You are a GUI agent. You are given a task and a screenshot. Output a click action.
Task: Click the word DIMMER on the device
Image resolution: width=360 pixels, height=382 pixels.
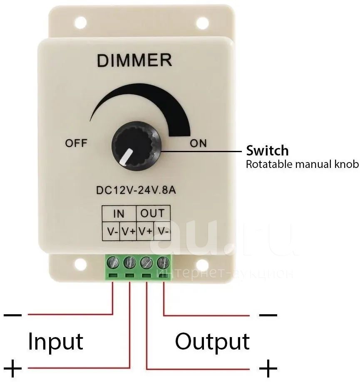click(x=134, y=60)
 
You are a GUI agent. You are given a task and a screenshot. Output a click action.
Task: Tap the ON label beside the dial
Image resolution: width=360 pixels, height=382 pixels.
click(x=198, y=143)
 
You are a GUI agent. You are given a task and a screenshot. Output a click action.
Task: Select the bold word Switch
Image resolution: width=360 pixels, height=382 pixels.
click(x=267, y=150)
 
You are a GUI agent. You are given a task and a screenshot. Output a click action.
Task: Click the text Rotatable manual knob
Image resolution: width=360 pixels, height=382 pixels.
click(x=302, y=164)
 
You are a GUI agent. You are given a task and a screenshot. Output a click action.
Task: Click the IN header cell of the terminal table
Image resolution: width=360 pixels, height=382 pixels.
click(x=119, y=214)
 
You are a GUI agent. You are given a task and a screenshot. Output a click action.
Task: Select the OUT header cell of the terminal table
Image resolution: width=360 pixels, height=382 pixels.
click(x=152, y=214)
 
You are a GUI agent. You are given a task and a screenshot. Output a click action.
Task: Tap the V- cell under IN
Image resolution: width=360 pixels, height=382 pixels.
click(x=112, y=231)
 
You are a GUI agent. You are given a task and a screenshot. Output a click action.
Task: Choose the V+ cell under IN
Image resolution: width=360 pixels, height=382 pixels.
click(x=128, y=231)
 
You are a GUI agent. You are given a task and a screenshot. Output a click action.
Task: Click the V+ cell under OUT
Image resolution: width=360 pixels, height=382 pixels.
click(x=145, y=231)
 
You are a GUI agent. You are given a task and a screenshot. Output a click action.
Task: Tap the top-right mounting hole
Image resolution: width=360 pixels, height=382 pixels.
click(x=202, y=22)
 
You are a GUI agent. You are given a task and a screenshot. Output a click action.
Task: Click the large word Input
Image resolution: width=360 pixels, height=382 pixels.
click(x=55, y=341)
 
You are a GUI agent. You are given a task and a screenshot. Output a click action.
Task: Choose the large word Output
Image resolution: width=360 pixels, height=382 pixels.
click(x=212, y=341)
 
